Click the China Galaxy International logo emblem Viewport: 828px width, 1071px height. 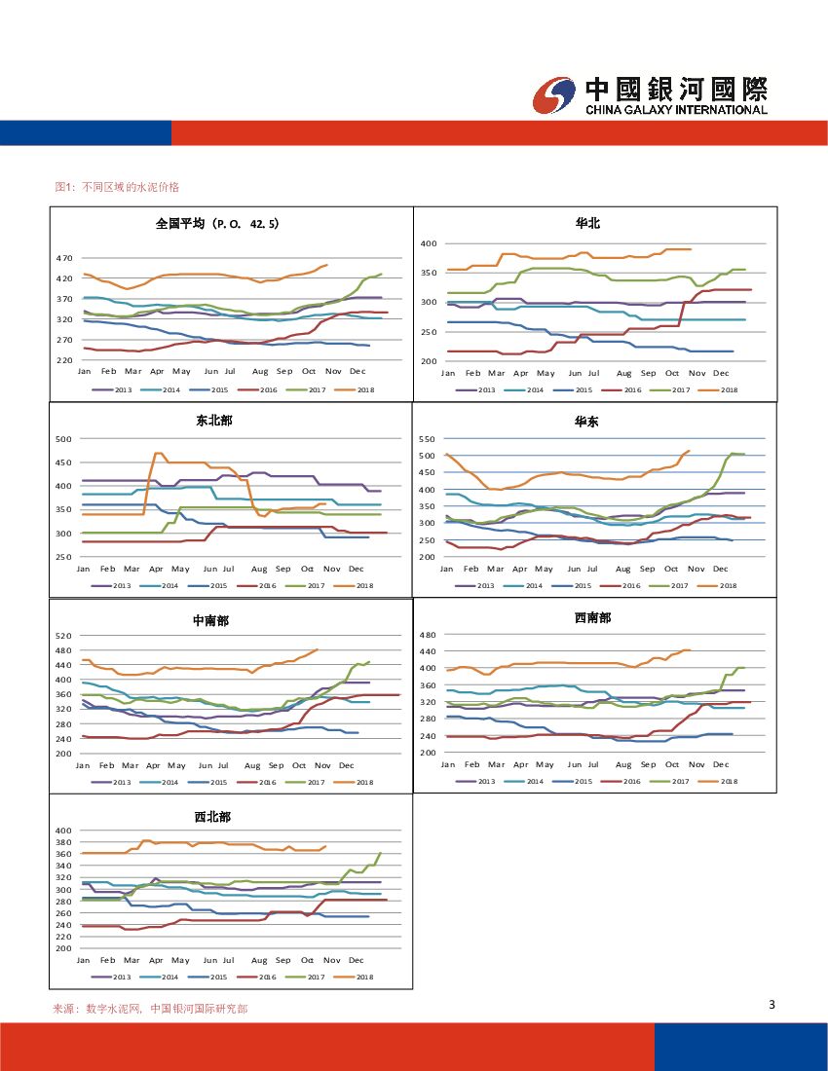(554, 95)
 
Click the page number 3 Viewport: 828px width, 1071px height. (771, 1005)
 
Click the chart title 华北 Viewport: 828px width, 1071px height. (587, 223)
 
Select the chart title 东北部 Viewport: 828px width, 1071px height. (214, 421)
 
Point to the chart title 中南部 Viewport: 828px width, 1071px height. (211, 620)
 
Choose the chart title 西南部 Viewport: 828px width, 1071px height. (592, 617)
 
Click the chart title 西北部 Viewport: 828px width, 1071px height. (212, 817)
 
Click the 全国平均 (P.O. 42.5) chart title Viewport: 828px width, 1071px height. (217, 223)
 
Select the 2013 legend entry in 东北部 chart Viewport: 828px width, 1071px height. (114, 585)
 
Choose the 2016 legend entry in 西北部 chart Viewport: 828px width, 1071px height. (259, 977)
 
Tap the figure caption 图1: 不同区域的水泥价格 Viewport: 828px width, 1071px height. (117, 186)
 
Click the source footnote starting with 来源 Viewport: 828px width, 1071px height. (150, 1009)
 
